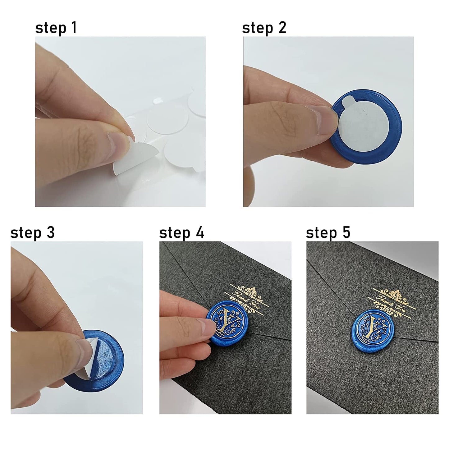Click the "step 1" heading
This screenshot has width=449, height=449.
click(56, 28)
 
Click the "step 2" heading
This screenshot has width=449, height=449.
click(264, 28)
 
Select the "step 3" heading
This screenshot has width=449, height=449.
click(32, 233)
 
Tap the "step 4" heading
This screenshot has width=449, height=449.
click(181, 233)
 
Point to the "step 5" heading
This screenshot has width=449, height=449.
click(328, 233)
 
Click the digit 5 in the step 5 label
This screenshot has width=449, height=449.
click(346, 232)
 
